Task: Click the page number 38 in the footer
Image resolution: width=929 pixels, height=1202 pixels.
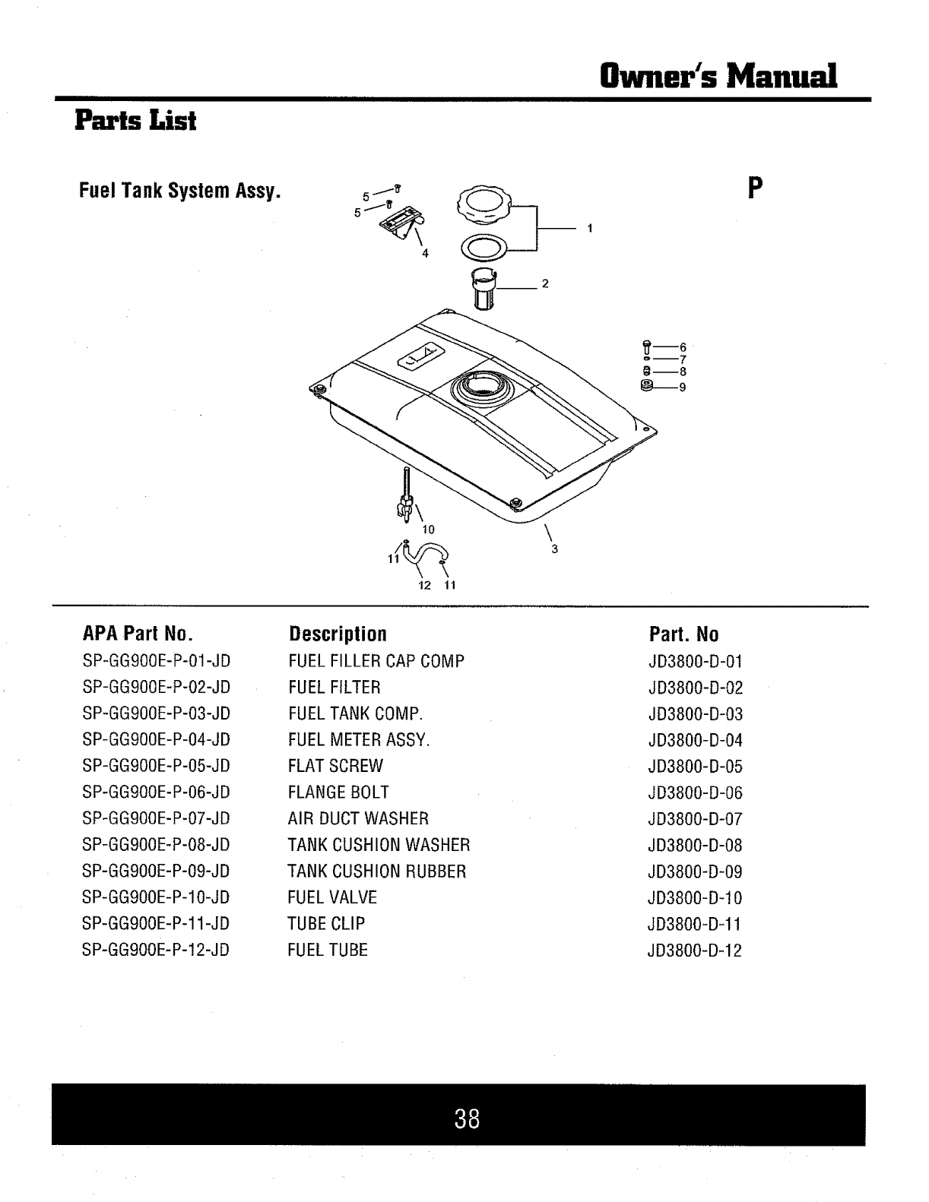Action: tap(467, 1118)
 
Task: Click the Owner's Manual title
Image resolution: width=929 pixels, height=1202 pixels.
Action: tap(718, 76)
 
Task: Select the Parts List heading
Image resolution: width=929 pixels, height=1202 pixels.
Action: tap(135, 121)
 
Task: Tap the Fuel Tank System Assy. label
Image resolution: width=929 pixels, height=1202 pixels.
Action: tap(180, 190)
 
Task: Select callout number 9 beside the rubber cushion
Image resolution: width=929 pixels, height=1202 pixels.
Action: tap(683, 387)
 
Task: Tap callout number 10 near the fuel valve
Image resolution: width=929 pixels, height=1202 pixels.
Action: tap(428, 529)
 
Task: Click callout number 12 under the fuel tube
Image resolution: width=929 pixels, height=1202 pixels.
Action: tap(425, 585)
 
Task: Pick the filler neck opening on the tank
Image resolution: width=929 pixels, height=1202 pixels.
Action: tap(477, 388)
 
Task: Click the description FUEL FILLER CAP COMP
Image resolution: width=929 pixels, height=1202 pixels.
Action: tap(376, 661)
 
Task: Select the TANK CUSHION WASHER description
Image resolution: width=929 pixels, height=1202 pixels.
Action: tap(379, 845)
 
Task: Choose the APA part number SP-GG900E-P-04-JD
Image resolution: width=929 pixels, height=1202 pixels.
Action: tap(156, 739)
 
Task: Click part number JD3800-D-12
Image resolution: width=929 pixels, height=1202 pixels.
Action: tap(694, 951)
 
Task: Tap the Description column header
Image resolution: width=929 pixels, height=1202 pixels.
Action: tap(338, 634)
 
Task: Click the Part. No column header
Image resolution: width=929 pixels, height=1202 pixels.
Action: tap(683, 634)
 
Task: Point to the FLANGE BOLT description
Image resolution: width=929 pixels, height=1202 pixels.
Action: tap(338, 792)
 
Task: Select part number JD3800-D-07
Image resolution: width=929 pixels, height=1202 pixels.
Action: tap(694, 819)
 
